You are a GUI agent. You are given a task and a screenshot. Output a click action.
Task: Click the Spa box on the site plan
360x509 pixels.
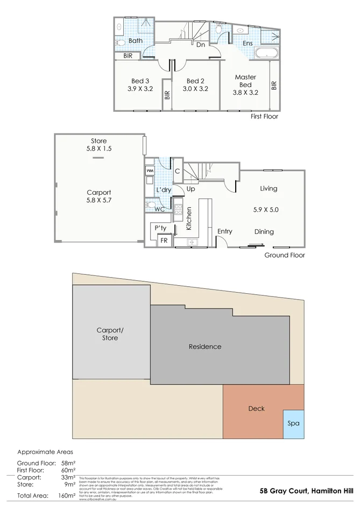click(293, 423)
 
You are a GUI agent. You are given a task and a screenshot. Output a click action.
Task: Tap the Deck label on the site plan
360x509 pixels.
click(256, 409)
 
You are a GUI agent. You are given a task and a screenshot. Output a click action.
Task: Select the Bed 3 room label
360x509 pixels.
click(139, 81)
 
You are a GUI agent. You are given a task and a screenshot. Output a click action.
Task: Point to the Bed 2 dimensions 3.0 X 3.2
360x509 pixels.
click(195, 89)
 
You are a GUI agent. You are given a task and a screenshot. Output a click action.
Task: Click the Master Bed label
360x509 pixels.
click(245, 81)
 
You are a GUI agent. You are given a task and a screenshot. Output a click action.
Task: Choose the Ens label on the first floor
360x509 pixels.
click(248, 44)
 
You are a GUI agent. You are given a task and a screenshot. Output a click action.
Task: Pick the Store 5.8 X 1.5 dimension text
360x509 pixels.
click(98, 149)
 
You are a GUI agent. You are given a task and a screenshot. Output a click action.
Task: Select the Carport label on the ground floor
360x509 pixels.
click(99, 192)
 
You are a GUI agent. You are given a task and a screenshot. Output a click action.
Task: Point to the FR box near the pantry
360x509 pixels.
click(164, 241)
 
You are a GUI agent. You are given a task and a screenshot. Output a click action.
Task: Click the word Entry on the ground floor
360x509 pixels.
click(224, 231)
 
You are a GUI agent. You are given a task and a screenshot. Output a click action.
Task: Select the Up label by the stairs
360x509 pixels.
click(190, 189)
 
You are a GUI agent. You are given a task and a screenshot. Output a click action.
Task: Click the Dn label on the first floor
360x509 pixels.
click(200, 45)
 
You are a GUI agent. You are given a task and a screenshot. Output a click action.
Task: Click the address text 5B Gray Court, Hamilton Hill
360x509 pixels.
click(306, 491)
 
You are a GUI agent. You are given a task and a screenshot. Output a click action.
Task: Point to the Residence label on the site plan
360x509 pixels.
click(204, 347)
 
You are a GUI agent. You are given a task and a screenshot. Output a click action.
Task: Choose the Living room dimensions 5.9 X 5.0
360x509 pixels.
click(269, 210)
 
